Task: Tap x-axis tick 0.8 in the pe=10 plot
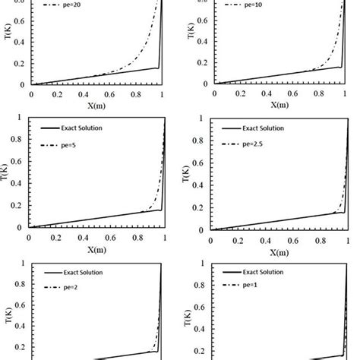click(321, 94)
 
